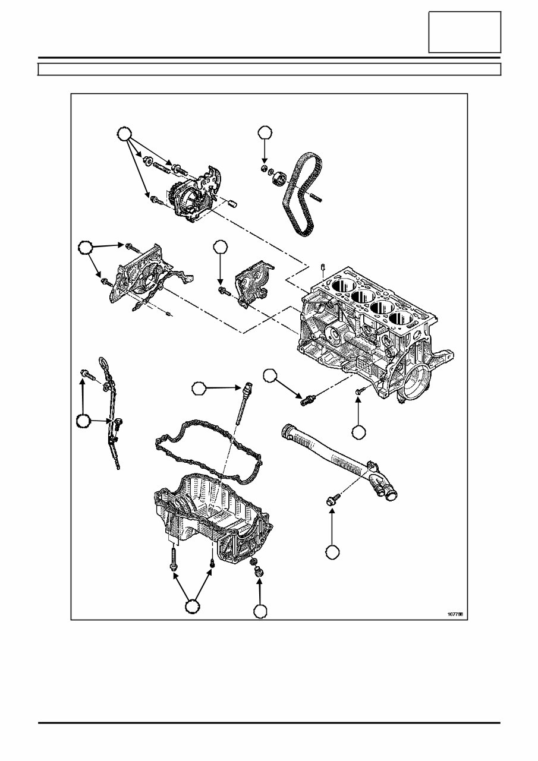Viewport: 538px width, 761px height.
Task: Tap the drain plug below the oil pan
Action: tap(258, 573)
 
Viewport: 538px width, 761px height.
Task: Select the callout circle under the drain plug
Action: tap(260, 611)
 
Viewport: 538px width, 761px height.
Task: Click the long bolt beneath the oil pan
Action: tap(172, 558)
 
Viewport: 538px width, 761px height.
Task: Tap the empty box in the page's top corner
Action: tap(465, 32)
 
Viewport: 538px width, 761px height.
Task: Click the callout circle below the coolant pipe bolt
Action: tap(333, 552)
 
